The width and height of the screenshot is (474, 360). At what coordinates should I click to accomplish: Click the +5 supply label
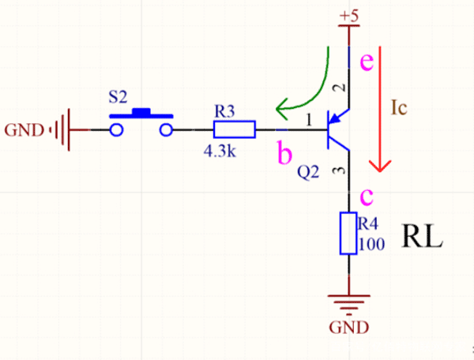coord(348,15)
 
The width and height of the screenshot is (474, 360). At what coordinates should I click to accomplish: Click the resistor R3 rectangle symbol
coord(235,129)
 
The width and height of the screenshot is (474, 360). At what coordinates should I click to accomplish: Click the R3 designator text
coord(224,111)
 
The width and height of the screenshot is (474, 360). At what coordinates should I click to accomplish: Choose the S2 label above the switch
coord(117,99)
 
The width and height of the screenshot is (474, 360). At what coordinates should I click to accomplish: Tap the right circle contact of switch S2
coord(166,129)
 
